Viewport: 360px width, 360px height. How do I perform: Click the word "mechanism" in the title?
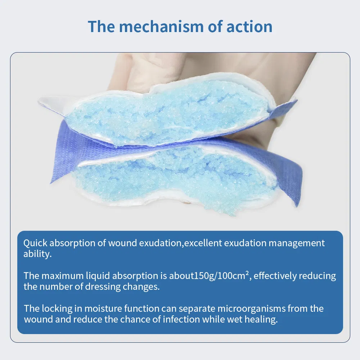(161, 26)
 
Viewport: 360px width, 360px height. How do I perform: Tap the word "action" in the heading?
(249, 26)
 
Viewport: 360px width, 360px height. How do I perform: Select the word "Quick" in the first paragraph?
(35, 243)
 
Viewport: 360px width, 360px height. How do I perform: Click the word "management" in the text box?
(297, 243)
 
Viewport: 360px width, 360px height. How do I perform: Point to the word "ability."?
(38, 254)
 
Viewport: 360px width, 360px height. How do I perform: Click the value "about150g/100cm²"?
(209, 276)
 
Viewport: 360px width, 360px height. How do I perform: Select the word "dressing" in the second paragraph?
(103, 287)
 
